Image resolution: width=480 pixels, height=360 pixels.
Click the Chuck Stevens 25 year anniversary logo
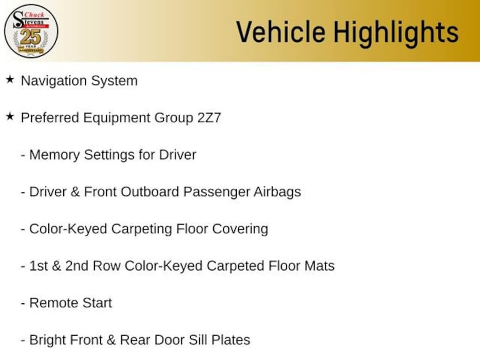(x=31, y=31)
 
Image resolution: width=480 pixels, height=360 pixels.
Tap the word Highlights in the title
(x=396, y=32)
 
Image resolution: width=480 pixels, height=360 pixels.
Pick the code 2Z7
(x=209, y=118)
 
